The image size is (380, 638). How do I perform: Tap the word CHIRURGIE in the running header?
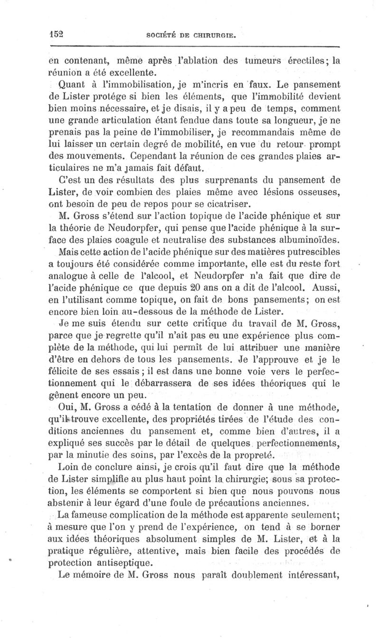212,35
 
